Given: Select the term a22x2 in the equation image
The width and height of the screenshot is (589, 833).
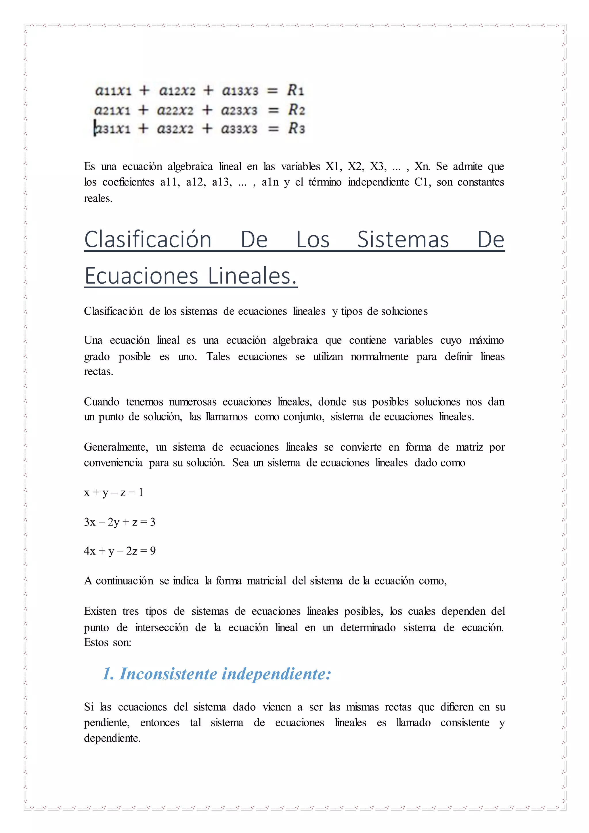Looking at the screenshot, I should pyautogui.click(x=175, y=110).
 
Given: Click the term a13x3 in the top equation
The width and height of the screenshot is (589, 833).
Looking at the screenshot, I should pyautogui.click(x=240, y=90).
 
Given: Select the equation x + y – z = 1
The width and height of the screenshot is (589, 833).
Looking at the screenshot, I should pyautogui.click(x=114, y=492).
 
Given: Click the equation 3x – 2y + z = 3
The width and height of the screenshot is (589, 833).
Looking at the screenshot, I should pyautogui.click(x=120, y=522).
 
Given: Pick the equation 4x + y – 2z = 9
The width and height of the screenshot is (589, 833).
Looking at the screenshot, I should pyautogui.click(x=120, y=551).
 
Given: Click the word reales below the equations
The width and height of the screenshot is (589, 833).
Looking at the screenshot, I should pyautogui.click(x=98, y=198).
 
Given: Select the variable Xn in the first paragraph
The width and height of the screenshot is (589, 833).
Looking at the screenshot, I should pyautogui.click(x=422, y=167).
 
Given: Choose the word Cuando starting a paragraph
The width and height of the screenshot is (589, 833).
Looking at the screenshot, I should pyautogui.click(x=102, y=402).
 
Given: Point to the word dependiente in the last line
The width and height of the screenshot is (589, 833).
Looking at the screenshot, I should pyautogui.click(x=112, y=738).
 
